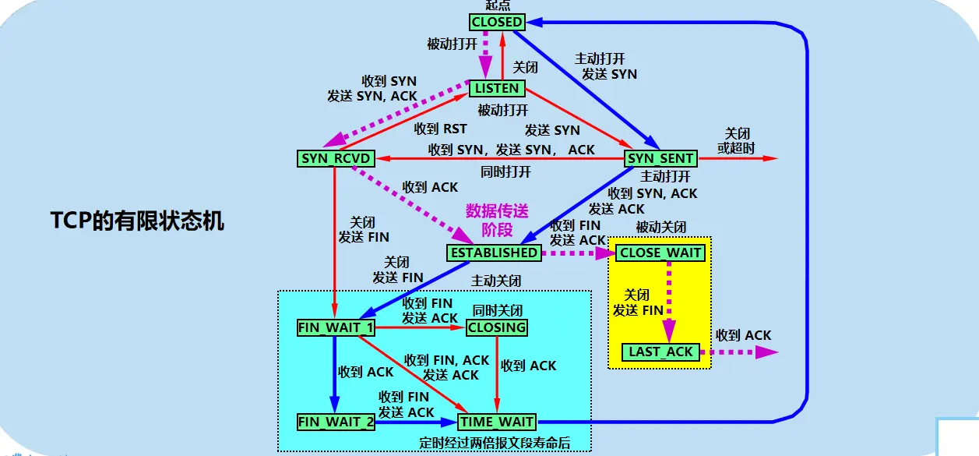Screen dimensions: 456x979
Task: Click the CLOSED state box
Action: (x=497, y=22)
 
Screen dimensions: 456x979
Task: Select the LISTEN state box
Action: (x=497, y=88)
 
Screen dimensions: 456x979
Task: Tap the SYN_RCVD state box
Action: (x=336, y=158)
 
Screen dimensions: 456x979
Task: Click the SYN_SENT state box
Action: (x=660, y=158)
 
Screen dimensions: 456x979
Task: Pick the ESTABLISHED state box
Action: (x=494, y=253)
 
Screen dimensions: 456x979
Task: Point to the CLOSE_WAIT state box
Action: (x=660, y=253)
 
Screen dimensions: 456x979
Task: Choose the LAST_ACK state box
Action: (x=660, y=352)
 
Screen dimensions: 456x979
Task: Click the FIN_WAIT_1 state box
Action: (x=336, y=327)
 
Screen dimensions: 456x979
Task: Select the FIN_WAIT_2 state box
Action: (x=336, y=422)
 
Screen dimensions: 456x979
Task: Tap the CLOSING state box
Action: (x=497, y=327)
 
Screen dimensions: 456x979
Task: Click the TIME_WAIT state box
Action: (x=497, y=422)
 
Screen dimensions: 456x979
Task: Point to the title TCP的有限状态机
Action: (x=137, y=221)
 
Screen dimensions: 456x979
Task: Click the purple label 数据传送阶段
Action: (x=496, y=220)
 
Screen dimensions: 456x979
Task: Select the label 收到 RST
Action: (x=441, y=129)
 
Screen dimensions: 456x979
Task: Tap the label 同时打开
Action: (x=505, y=171)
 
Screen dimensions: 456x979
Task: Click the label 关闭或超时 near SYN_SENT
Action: (x=736, y=140)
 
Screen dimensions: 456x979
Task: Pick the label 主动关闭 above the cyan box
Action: (x=496, y=281)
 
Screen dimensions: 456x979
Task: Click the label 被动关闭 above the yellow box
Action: (x=660, y=227)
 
